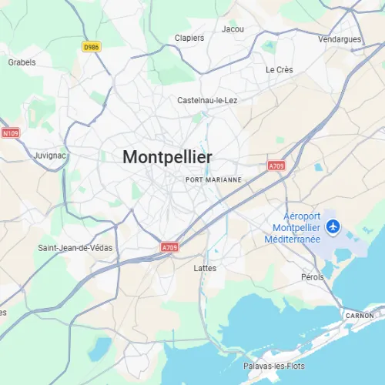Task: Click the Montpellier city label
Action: point(167,156)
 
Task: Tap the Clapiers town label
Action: point(189,38)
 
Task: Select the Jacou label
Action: point(233,29)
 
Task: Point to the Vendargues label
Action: point(339,38)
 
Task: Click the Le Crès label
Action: point(280,69)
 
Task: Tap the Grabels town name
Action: point(22,62)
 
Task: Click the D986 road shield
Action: point(91,47)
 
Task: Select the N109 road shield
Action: point(10,133)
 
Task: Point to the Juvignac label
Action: point(51,155)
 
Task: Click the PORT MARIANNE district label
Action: point(214,179)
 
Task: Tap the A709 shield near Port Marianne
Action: point(276,166)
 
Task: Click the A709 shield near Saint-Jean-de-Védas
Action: point(169,247)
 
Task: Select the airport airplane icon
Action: point(333,226)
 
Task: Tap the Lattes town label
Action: point(206,268)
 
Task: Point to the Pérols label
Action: point(313,276)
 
